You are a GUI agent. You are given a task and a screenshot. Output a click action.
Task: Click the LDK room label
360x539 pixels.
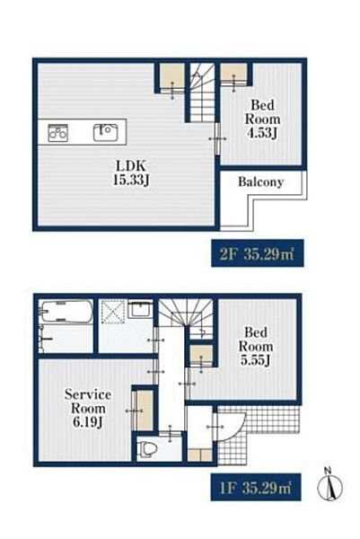[131, 165]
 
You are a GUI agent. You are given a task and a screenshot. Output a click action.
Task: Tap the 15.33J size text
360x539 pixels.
[131, 181]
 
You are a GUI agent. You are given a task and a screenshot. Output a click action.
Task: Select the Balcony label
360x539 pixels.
[260, 181]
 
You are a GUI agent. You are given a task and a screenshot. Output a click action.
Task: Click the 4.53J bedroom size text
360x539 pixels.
[262, 133]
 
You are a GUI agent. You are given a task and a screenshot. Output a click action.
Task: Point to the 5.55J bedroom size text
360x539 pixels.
[256, 360]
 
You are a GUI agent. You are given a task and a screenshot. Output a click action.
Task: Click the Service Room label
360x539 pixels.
[88, 402]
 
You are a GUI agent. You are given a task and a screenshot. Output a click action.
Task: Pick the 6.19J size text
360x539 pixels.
[88, 422]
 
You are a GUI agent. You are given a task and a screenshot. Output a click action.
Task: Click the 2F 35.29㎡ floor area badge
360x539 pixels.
[258, 253]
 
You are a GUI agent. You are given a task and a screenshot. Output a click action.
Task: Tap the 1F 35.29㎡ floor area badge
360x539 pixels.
[256, 487]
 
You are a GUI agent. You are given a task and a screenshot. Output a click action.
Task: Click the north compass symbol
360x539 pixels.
[329, 484]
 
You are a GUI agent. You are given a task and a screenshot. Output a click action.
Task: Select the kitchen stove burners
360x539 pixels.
[57, 132]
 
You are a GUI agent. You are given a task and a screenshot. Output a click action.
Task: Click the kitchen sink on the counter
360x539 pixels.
[106, 132]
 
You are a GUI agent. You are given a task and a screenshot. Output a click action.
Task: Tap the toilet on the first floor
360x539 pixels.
[147, 448]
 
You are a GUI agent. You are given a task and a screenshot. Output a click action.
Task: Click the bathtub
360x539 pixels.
[66, 312]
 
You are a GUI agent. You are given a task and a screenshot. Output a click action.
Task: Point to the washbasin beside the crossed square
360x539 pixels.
[141, 308]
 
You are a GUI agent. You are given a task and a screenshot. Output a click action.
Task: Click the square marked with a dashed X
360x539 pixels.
[113, 312]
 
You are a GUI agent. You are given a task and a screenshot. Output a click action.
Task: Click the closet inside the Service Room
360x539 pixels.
[145, 411]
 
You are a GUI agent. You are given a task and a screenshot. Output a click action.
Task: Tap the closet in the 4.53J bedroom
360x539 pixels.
[233, 74]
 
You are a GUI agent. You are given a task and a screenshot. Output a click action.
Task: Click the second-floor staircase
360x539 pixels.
[203, 93]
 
